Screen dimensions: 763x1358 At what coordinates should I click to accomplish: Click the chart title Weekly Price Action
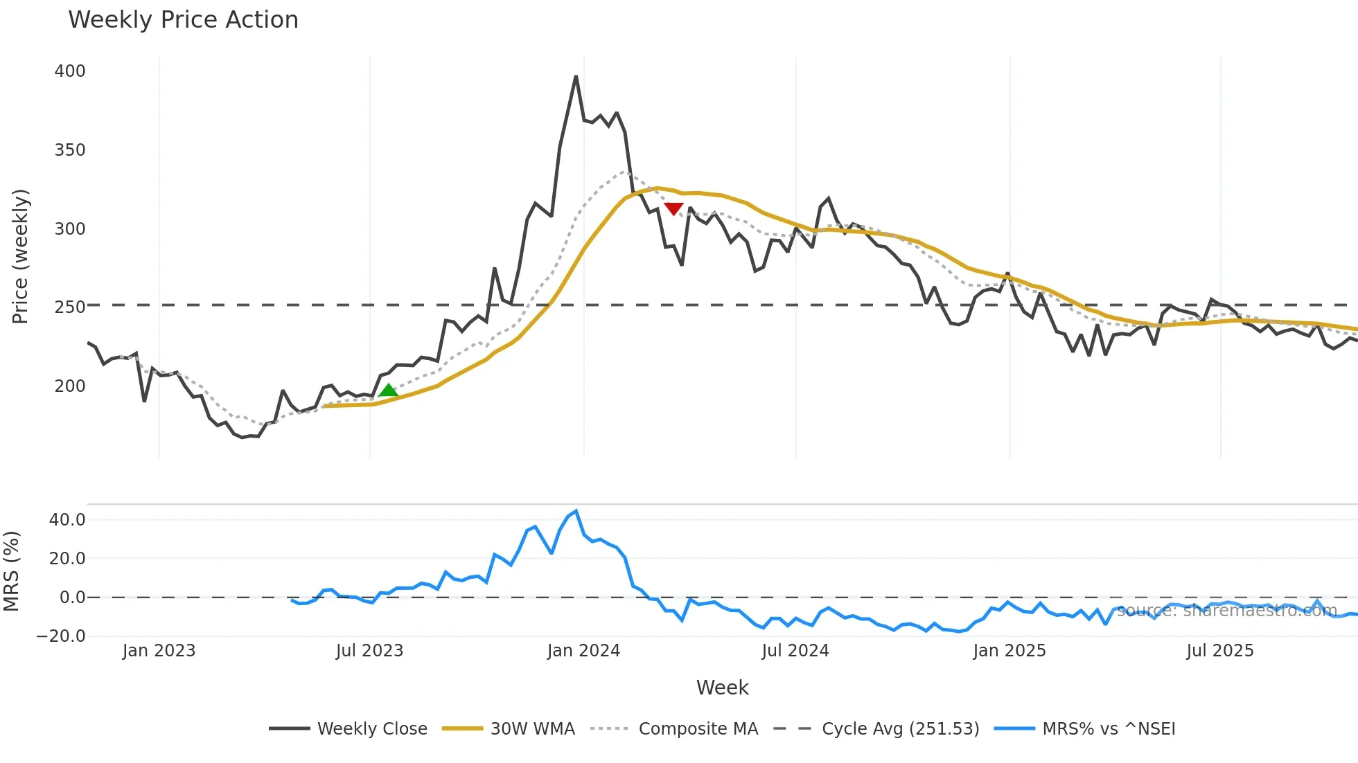183,20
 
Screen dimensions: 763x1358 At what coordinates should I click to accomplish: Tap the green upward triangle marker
389,391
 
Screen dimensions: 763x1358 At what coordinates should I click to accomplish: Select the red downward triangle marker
673,208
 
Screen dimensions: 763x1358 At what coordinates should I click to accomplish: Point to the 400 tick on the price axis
70,71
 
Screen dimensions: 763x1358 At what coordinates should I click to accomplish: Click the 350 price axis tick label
70,150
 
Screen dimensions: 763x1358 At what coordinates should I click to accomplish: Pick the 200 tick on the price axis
70,386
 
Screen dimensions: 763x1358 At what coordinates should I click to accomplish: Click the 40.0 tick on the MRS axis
67,520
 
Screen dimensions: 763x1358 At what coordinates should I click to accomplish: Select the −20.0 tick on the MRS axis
62,636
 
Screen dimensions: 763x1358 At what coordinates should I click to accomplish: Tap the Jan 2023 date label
159,651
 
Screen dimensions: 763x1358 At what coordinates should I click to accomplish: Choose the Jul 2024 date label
795,651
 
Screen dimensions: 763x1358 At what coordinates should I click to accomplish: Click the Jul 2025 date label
1220,651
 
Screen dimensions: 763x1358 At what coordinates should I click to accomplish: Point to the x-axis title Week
722,688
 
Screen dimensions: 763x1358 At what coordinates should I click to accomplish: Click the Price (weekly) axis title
21,256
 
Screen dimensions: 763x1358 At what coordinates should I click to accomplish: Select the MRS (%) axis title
12,571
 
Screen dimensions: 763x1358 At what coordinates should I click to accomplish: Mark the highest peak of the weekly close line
576,76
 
